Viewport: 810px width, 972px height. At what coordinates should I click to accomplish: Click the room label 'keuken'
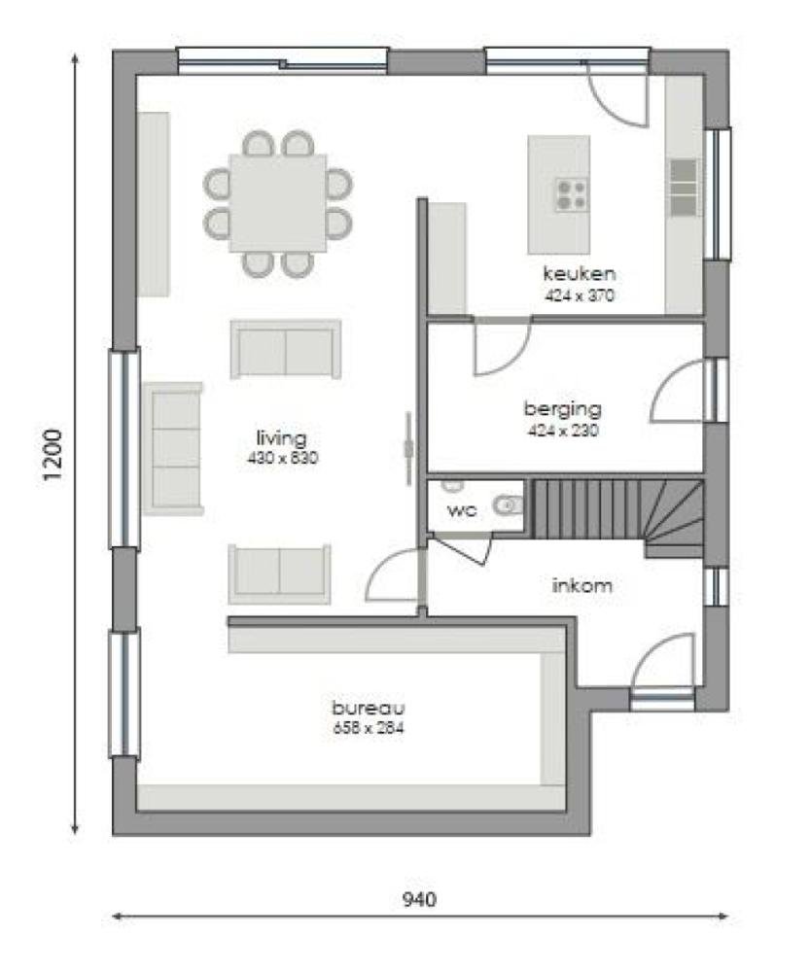tap(580, 272)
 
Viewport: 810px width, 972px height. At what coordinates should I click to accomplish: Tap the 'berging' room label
tap(562, 408)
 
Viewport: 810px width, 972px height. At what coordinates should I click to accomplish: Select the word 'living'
tap(281, 436)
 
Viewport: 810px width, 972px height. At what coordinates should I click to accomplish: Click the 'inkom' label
tap(581, 586)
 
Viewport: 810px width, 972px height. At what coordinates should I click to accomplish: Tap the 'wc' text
tap(461, 510)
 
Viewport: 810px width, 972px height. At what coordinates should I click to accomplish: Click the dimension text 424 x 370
tap(580, 295)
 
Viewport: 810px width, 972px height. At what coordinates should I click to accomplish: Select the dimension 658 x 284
tap(367, 726)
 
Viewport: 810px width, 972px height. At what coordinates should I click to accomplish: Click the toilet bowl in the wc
tap(508, 505)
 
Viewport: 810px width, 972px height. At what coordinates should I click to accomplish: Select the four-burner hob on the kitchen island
tap(571, 194)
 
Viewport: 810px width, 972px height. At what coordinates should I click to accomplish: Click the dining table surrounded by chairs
tap(278, 202)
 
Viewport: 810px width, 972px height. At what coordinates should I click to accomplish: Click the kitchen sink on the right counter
tap(684, 188)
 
